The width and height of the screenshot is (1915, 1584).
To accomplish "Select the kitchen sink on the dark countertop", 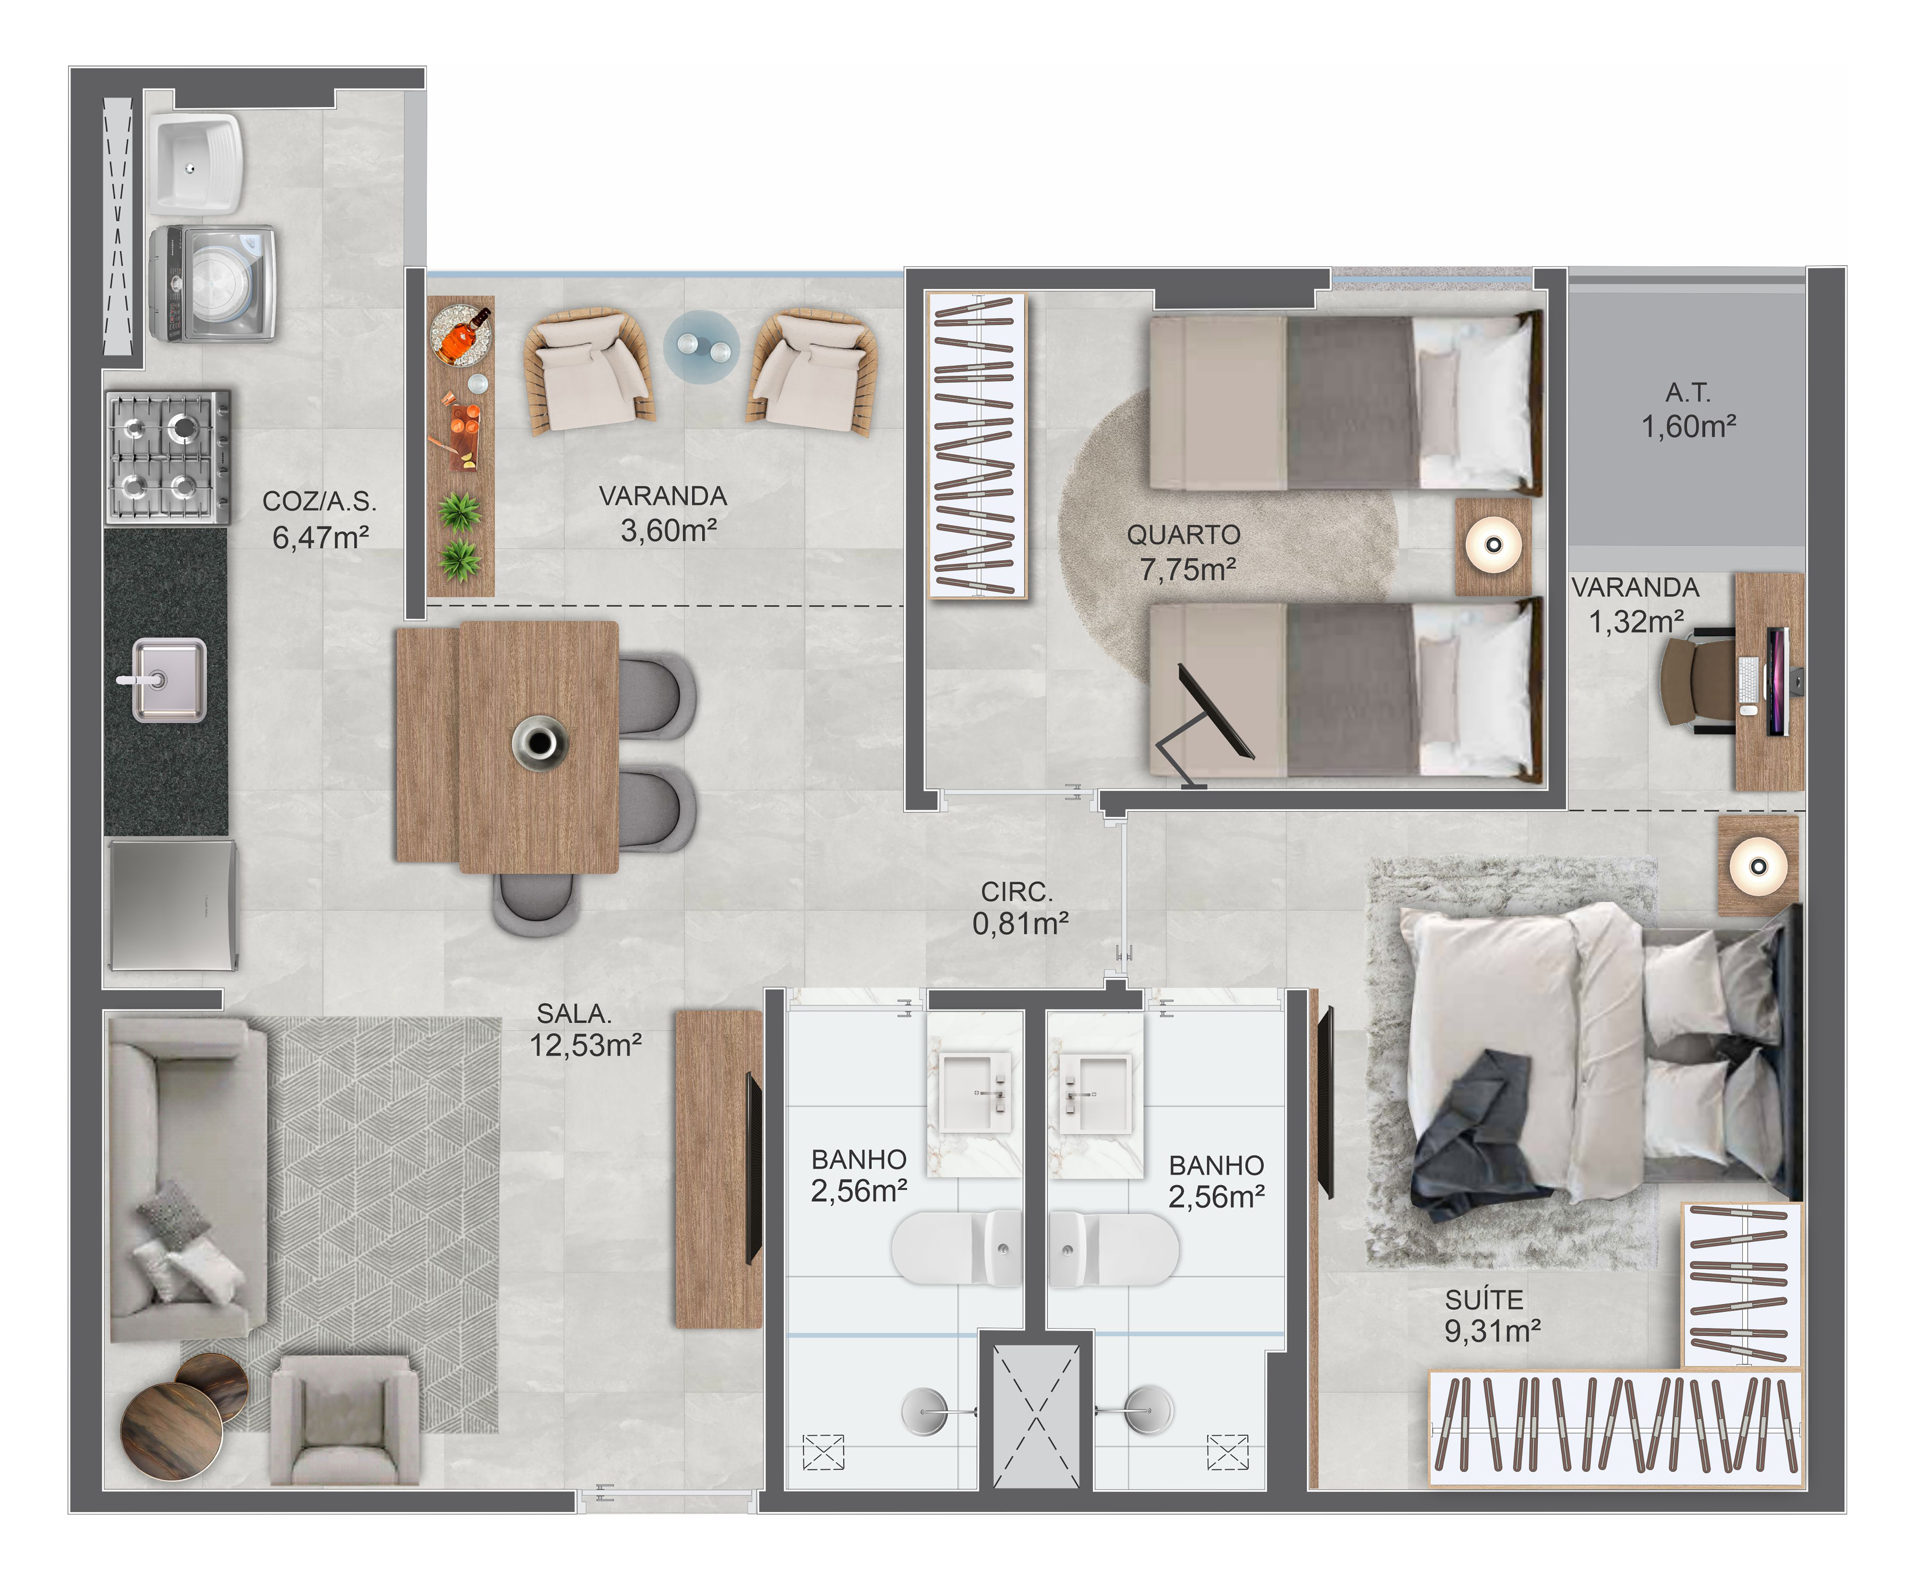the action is point(169,680).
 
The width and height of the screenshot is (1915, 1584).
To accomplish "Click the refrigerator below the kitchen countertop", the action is point(172,904).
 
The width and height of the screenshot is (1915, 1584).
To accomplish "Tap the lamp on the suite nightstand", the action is point(1758,865).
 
